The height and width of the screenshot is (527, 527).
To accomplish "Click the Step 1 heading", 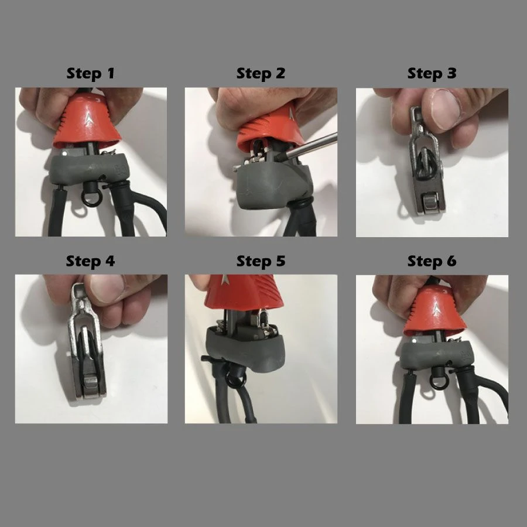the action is (x=90, y=74).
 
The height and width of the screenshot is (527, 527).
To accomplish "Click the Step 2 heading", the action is (x=261, y=74).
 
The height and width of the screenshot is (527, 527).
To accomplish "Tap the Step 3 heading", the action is (x=432, y=74).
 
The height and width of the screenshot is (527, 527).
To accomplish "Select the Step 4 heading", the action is (x=90, y=261).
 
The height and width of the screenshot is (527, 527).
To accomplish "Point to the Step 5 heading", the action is (x=261, y=261).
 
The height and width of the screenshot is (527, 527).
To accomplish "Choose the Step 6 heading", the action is (x=432, y=261).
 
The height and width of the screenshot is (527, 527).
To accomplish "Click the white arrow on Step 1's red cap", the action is (x=88, y=119).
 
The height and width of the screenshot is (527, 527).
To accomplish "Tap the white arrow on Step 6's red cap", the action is (x=436, y=309).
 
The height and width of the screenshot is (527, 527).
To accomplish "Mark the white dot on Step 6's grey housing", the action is (x=414, y=341).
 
